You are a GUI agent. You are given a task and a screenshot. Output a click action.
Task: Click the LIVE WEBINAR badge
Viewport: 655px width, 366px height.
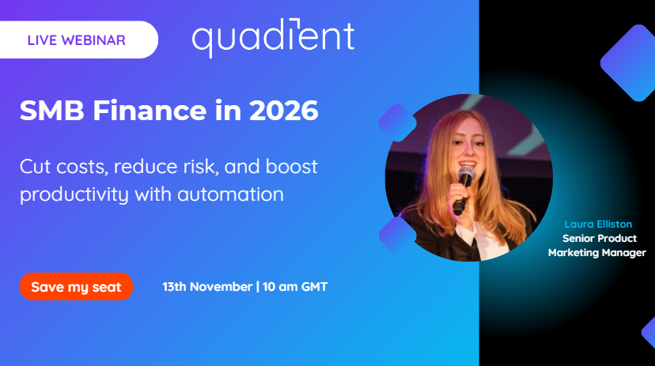(x=76, y=40)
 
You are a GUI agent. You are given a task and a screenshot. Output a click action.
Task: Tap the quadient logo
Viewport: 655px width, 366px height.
(x=273, y=39)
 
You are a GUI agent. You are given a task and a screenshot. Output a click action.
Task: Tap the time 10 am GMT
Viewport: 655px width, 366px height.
(x=293, y=287)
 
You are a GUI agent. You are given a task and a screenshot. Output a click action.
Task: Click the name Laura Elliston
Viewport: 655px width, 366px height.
(x=598, y=225)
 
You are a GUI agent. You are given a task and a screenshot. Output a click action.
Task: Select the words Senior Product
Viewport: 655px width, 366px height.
(x=599, y=239)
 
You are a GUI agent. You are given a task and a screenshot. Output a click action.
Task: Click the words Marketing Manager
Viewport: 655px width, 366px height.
(x=597, y=253)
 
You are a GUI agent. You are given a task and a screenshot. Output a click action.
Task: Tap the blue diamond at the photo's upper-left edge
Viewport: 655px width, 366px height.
(x=398, y=123)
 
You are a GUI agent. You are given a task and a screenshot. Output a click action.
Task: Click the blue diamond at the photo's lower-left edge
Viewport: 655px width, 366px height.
(x=398, y=234)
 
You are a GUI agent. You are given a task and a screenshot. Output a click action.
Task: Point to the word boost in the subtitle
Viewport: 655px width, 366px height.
(x=290, y=168)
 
